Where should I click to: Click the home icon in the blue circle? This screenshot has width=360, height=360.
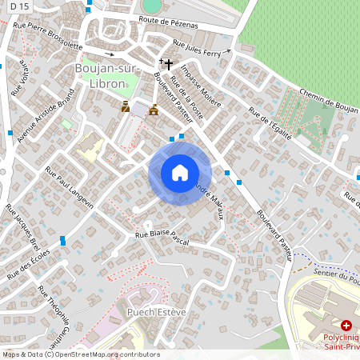(180, 173)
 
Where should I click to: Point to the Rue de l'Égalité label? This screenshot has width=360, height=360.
(272, 123)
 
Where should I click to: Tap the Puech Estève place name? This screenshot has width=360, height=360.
(156, 311)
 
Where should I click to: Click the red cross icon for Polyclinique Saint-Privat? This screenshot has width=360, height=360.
(346, 326)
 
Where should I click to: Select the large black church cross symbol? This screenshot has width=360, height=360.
(169, 62)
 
